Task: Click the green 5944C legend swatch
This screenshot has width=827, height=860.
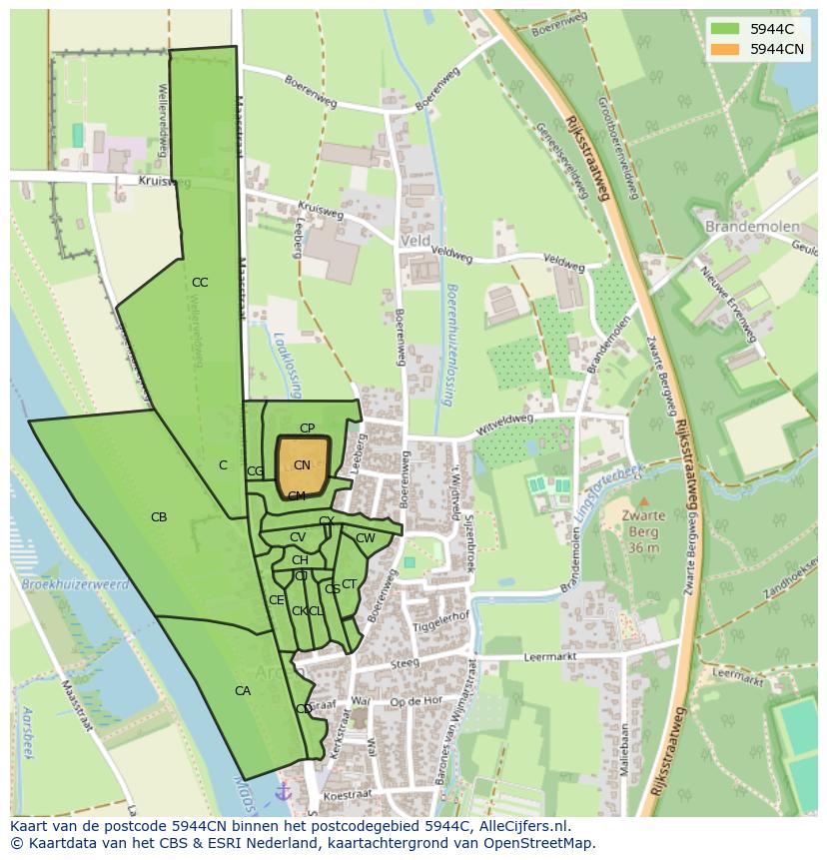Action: [725, 29]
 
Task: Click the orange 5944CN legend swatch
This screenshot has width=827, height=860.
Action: [725, 49]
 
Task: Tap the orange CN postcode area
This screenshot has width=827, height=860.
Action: [302, 465]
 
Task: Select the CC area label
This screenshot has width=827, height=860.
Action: [200, 283]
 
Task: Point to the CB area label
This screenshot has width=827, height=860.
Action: [159, 517]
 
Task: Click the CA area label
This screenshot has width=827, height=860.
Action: [243, 691]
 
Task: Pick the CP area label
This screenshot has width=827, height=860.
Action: [308, 429]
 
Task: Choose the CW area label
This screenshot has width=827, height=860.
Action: [366, 539]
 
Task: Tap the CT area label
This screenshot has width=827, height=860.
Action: [350, 584]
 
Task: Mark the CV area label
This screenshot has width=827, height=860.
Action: [298, 538]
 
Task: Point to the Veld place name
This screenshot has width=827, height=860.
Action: [414, 242]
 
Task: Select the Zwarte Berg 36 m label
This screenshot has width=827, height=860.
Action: [644, 531]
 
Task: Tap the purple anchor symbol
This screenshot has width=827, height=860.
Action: [283, 791]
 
